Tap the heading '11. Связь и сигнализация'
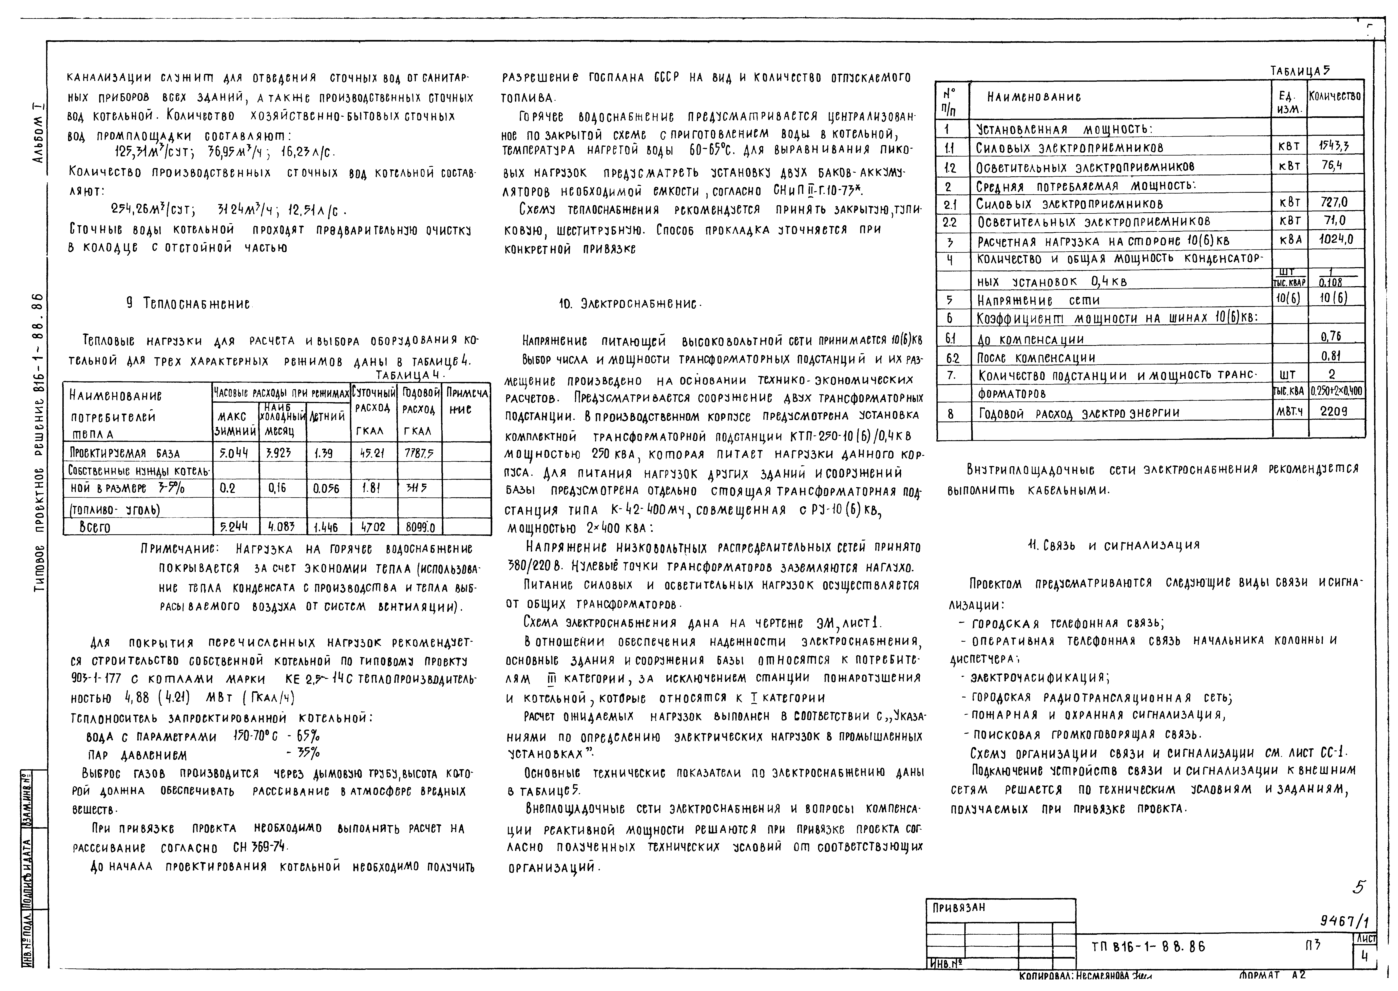click(1114, 545)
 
